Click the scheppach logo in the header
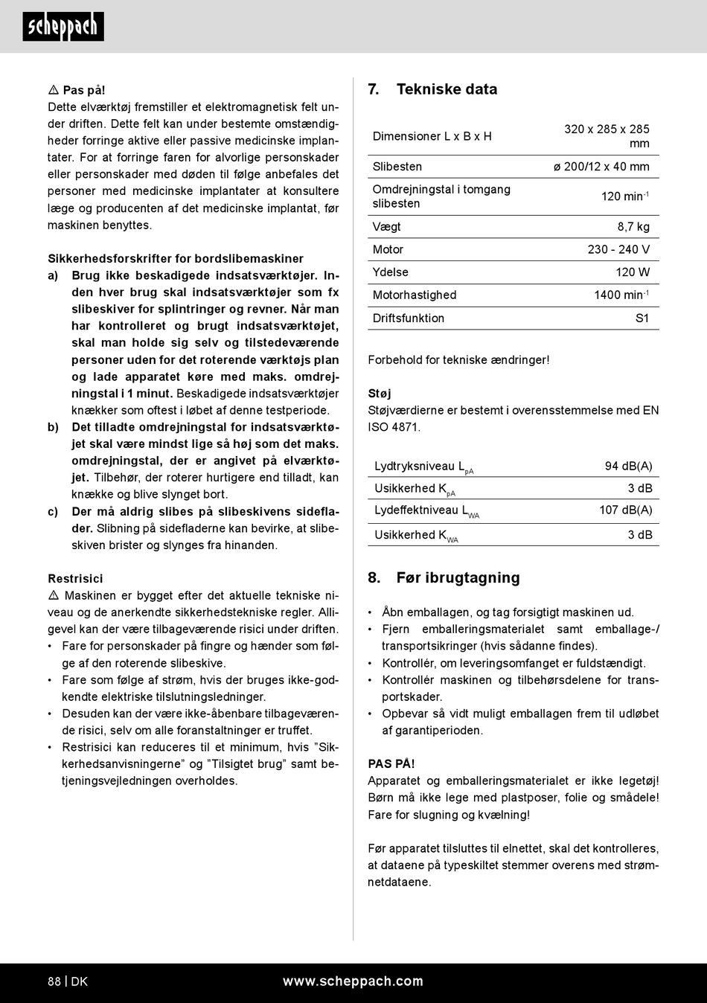63,27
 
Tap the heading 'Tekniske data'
447,89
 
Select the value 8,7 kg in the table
633,227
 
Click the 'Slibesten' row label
397,167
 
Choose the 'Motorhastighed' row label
415,295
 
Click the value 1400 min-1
621,295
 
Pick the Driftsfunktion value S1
642,318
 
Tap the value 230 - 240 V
618,250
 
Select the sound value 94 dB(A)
628,467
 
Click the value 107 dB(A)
626,510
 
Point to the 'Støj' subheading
380,394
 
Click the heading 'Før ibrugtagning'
458,578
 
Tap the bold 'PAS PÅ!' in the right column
391,764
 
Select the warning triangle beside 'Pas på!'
54,90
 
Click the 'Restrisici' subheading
75,579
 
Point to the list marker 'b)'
53,427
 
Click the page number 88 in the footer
54,981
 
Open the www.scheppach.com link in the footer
353,981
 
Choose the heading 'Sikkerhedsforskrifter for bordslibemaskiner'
176,259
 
